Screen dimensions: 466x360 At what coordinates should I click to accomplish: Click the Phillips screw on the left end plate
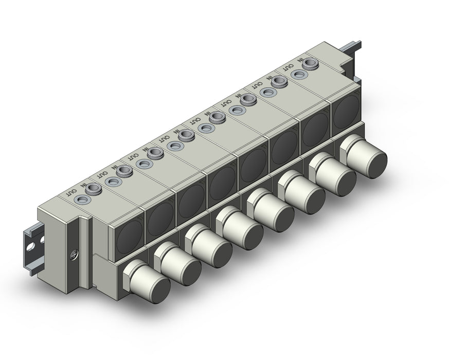pos(74,254)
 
